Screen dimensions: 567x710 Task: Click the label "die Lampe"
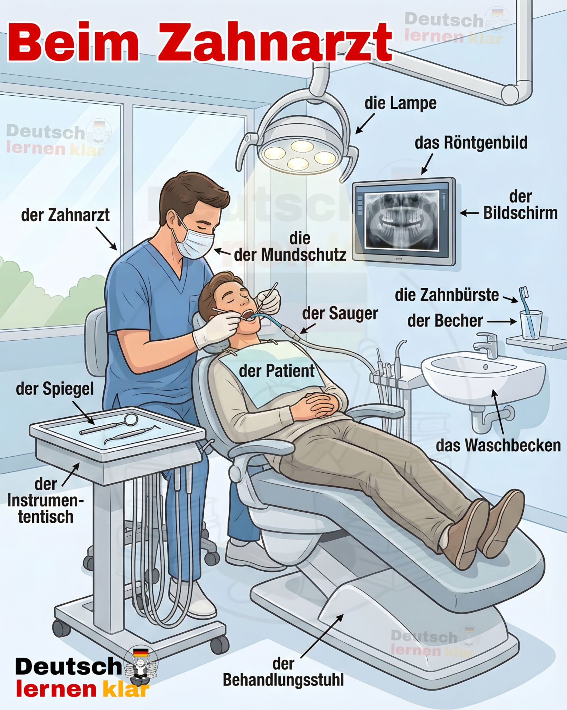400,103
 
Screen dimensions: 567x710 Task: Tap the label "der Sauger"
340,313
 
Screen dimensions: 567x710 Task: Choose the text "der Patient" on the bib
277,371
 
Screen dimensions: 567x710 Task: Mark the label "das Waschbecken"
498,445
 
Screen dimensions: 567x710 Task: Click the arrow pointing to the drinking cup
502,321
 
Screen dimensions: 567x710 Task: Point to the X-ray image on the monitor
402,220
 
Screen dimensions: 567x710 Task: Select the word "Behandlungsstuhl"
283,680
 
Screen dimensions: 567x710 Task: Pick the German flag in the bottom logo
141,652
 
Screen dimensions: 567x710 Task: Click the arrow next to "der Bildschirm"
469,214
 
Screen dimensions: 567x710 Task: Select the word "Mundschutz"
303,255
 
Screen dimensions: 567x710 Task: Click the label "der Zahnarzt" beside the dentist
65,215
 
